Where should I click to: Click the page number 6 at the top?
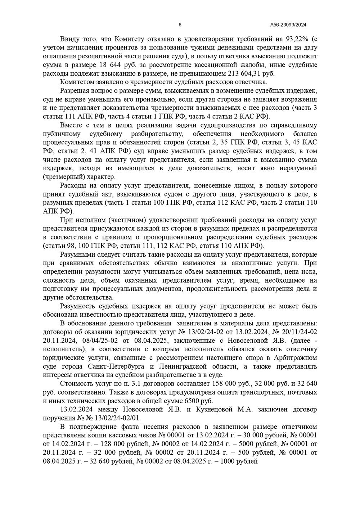(x=180, y=25)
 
